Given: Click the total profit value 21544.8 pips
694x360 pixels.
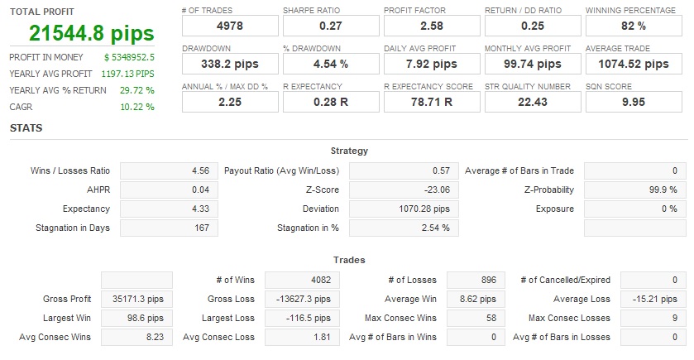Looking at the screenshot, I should [91, 33].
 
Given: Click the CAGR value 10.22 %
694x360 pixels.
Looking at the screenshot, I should [137, 107].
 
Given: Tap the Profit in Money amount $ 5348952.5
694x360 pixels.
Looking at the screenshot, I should [130, 57].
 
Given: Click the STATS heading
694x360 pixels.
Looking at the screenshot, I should [26, 128].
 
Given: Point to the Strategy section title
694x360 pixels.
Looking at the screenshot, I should [349, 151].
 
